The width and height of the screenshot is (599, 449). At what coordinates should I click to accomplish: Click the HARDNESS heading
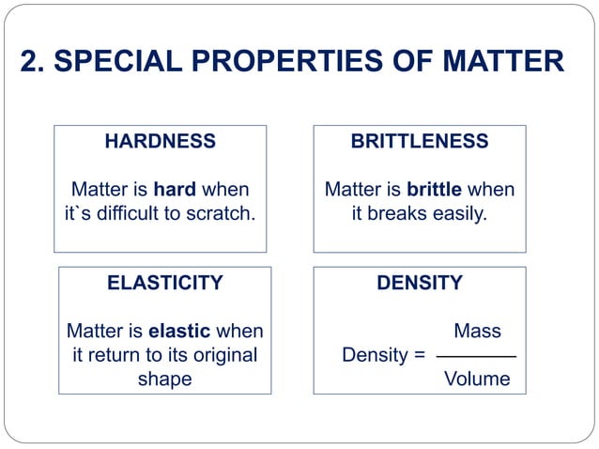click(160, 142)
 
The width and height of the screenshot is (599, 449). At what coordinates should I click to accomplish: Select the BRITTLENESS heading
click(419, 142)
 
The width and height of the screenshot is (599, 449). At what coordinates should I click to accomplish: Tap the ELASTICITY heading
click(165, 283)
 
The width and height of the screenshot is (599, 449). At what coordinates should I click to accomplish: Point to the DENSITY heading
click(419, 283)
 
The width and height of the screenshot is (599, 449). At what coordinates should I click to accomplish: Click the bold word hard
click(176, 190)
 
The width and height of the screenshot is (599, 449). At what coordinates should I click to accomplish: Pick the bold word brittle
click(434, 190)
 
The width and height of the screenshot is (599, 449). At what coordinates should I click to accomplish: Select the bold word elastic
click(179, 332)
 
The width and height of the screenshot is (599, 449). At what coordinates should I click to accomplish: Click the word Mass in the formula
click(477, 332)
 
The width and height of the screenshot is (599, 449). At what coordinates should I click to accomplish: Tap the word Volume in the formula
click(477, 379)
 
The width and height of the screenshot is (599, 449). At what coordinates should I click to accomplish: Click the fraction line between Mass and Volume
click(477, 357)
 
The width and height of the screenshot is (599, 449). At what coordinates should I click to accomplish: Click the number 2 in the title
click(28, 62)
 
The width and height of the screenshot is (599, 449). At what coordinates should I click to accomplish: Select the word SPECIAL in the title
click(113, 62)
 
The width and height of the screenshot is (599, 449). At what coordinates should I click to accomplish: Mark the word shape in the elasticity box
click(164, 379)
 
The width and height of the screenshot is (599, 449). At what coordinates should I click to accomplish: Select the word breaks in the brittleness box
click(394, 214)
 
